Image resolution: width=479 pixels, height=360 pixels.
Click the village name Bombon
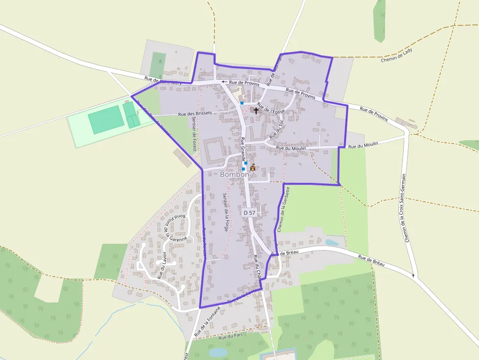point(235,174)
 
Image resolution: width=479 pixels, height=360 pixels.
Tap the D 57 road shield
point(249,212)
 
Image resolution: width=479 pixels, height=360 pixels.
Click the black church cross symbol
point(256,111)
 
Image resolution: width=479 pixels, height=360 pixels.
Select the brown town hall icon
point(253,167)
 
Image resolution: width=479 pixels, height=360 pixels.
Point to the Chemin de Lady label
point(396,55)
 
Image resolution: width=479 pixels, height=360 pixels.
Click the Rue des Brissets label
point(196,114)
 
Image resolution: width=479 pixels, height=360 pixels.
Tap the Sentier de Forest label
point(195,134)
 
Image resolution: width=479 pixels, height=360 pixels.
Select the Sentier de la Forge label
point(225,212)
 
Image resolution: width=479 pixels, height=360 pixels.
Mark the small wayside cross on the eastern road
point(414,275)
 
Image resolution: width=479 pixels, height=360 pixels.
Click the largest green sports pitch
point(106,120)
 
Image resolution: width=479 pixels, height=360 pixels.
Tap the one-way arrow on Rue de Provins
point(224,82)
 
